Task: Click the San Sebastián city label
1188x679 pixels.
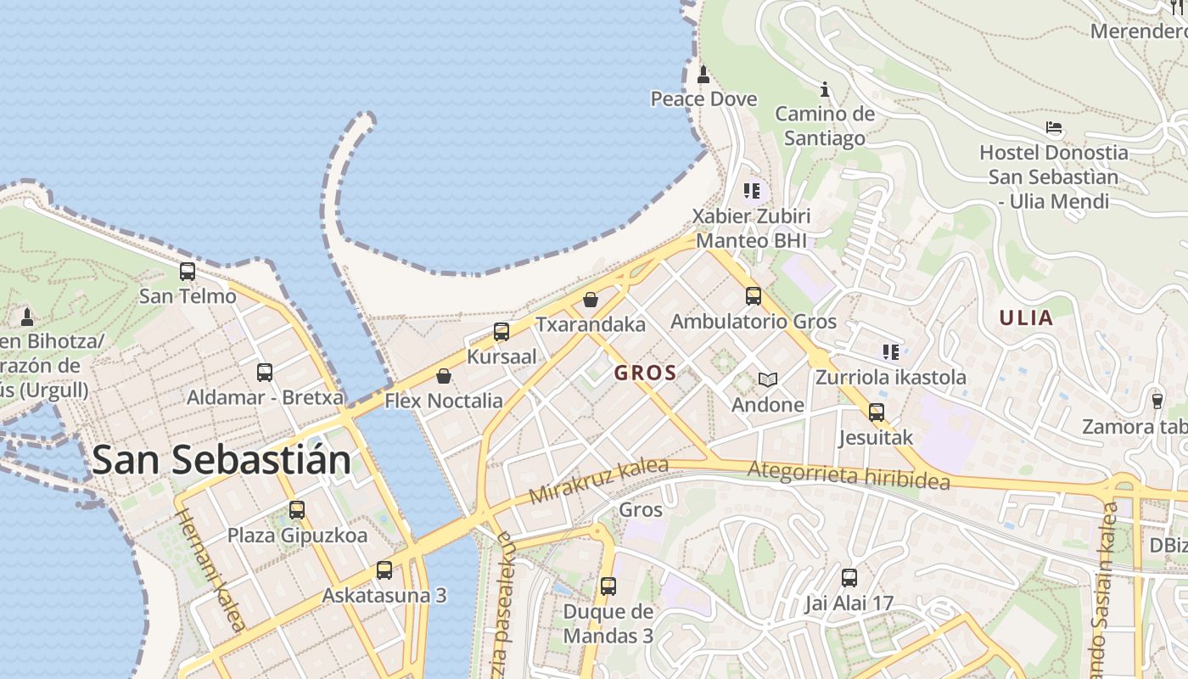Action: click(x=221, y=460)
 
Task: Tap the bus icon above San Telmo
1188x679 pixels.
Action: click(x=188, y=272)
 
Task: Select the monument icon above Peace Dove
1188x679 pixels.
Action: click(x=703, y=75)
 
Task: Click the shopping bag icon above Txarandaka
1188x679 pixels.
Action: click(x=591, y=300)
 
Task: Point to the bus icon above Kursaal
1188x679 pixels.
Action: click(x=502, y=332)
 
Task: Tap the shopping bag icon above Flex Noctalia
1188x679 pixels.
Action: click(x=443, y=376)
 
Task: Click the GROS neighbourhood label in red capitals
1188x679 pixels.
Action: click(x=645, y=373)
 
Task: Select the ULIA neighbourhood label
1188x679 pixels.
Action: click(x=1026, y=318)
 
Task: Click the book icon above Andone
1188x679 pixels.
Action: click(x=768, y=379)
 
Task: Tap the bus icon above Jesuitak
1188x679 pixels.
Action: click(x=876, y=413)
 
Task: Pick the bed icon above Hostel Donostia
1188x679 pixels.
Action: click(x=1054, y=128)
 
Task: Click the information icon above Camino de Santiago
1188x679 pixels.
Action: click(x=824, y=89)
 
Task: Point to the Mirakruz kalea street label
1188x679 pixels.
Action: click(x=598, y=480)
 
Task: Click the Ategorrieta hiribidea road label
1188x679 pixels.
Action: click(x=849, y=474)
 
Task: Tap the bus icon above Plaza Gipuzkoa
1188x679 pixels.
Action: click(x=297, y=510)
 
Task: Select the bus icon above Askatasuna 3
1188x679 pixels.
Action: click(x=384, y=570)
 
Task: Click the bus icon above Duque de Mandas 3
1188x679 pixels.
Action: click(x=608, y=586)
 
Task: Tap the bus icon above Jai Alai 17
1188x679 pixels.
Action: click(x=849, y=578)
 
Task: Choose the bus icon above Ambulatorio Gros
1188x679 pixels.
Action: click(x=753, y=296)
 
